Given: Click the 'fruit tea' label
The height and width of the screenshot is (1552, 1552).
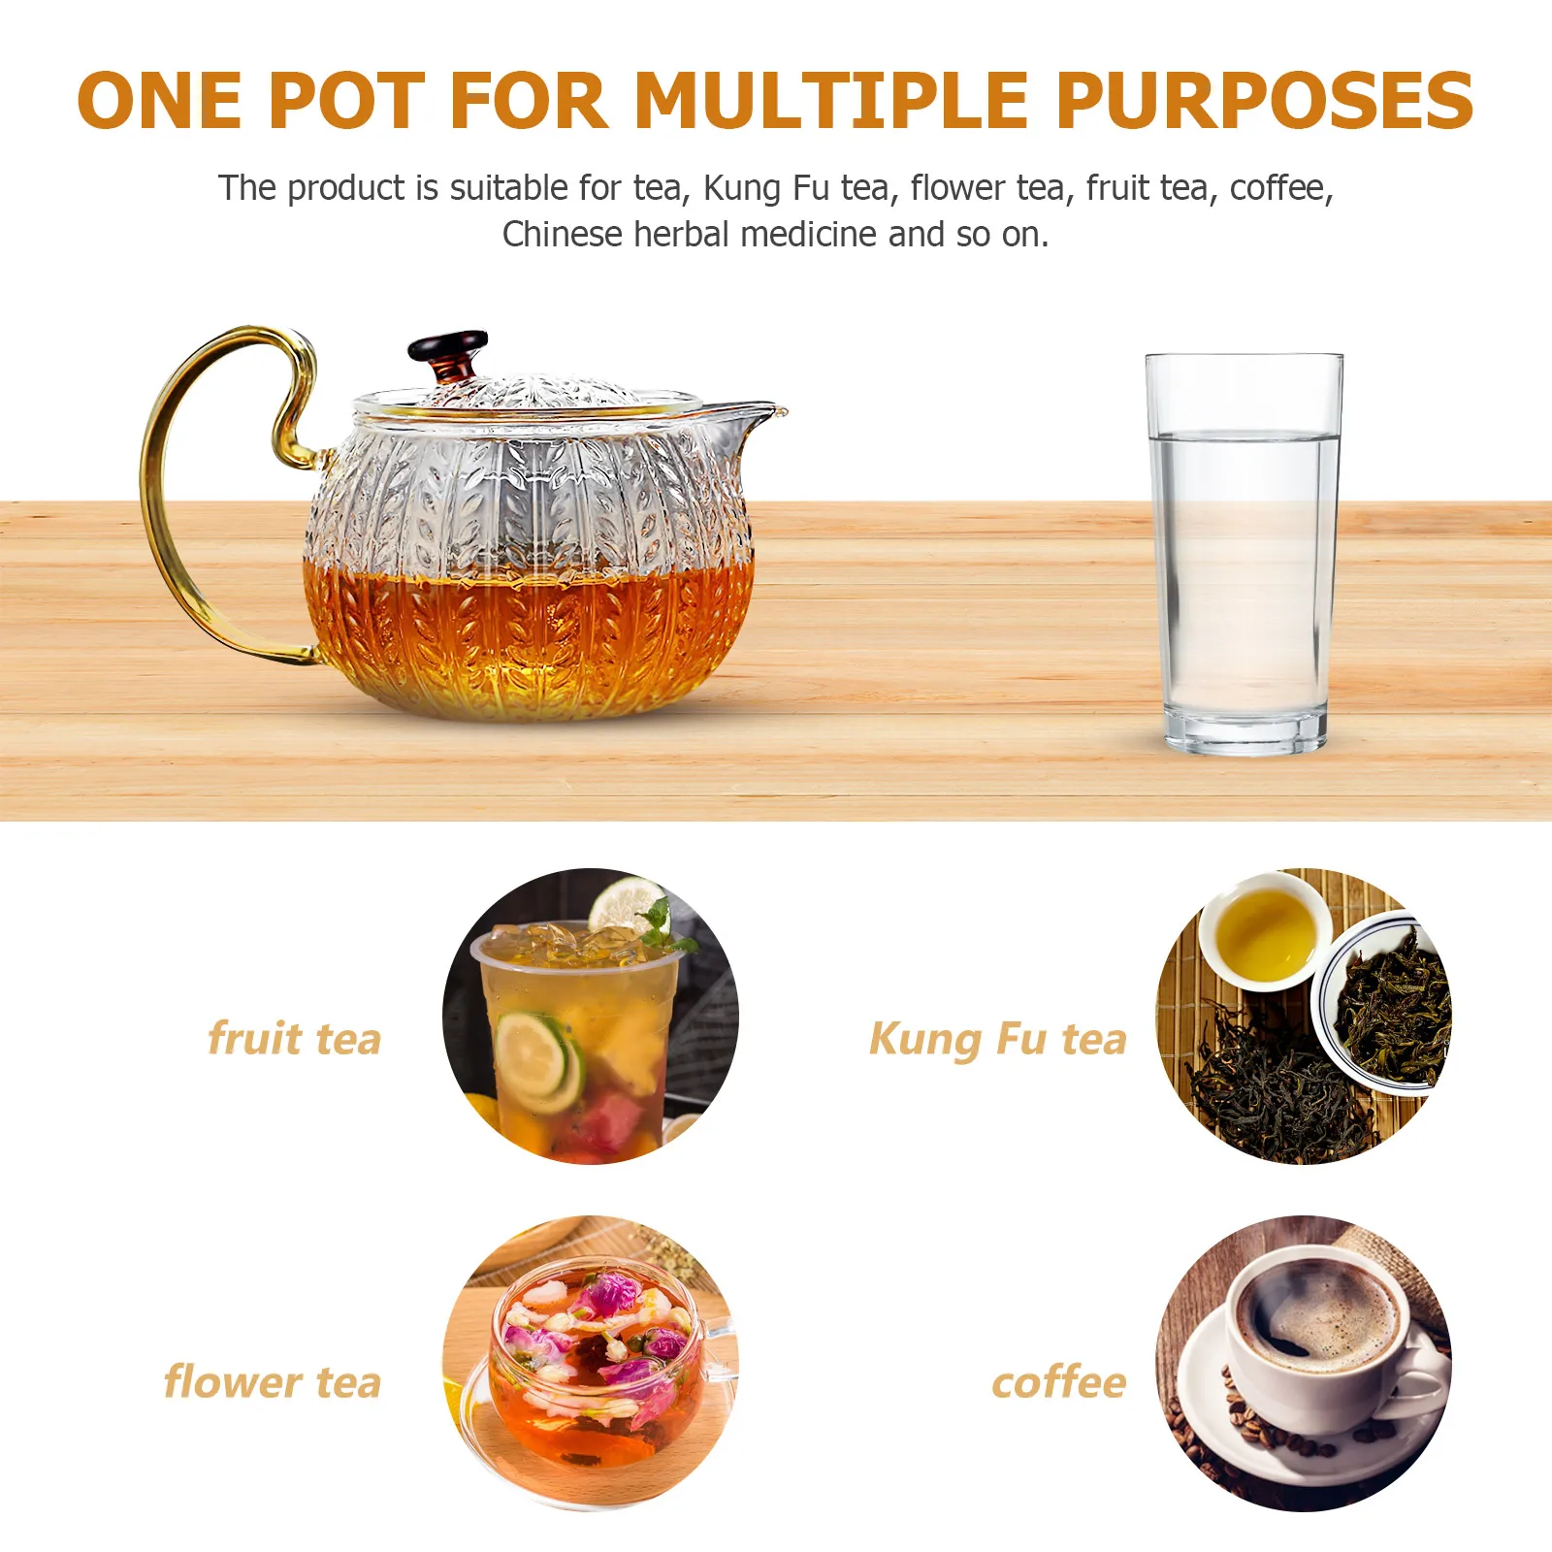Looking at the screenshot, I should [x=294, y=1038].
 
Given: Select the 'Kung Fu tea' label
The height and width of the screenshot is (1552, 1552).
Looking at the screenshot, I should [x=997, y=1039].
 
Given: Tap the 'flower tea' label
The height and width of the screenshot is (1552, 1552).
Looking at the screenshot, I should [x=273, y=1381].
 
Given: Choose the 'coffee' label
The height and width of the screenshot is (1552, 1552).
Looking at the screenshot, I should [x=1058, y=1381].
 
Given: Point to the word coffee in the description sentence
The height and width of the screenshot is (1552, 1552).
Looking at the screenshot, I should [x=1278, y=188].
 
